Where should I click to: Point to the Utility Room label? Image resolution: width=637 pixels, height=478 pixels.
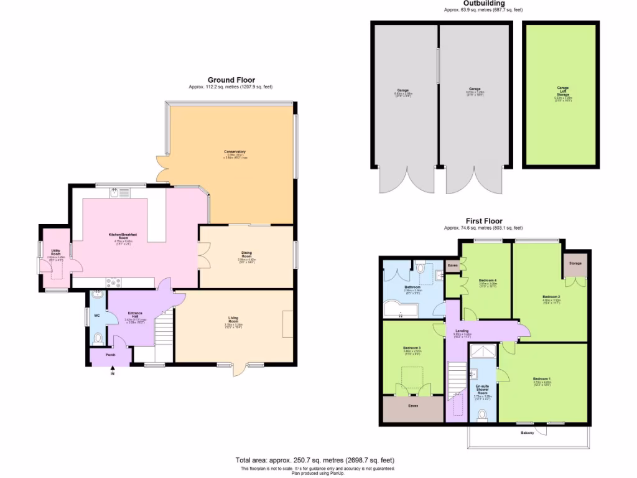point(56,253)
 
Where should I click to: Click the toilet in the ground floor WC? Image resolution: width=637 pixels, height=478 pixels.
point(97,339)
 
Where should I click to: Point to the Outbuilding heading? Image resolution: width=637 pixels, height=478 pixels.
point(483,4)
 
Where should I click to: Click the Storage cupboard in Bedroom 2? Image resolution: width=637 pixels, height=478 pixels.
point(575,264)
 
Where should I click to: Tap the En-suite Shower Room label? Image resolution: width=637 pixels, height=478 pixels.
point(483,392)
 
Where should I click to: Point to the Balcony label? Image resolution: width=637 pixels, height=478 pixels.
point(527,433)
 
